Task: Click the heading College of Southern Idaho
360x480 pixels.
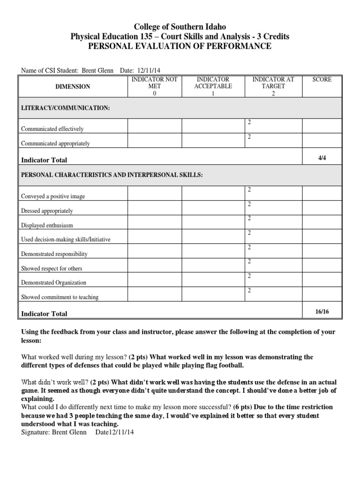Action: (x=180, y=27)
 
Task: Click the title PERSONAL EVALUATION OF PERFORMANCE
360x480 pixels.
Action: (x=180, y=45)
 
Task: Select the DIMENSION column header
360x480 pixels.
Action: (x=73, y=87)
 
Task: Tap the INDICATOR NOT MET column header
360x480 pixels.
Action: (x=154, y=86)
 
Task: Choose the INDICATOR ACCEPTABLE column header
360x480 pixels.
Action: (x=213, y=86)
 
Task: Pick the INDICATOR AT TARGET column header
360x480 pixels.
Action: (x=273, y=86)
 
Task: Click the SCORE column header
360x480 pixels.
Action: (x=322, y=80)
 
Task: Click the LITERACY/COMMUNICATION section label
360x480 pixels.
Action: (x=66, y=108)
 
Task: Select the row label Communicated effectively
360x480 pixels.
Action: (x=52, y=129)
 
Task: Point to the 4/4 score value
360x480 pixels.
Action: (x=322, y=158)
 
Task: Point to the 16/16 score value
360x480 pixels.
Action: (x=322, y=311)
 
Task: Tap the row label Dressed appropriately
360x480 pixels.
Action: (x=47, y=211)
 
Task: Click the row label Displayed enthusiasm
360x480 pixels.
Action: (x=47, y=225)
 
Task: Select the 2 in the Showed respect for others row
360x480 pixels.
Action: (x=249, y=262)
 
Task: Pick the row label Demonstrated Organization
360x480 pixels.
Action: (x=53, y=283)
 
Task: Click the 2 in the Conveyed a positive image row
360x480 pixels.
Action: (x=249, y=189)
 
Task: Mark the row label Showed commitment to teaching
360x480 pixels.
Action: (x=60, y=297)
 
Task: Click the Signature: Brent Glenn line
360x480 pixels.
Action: (x=54, y=432)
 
